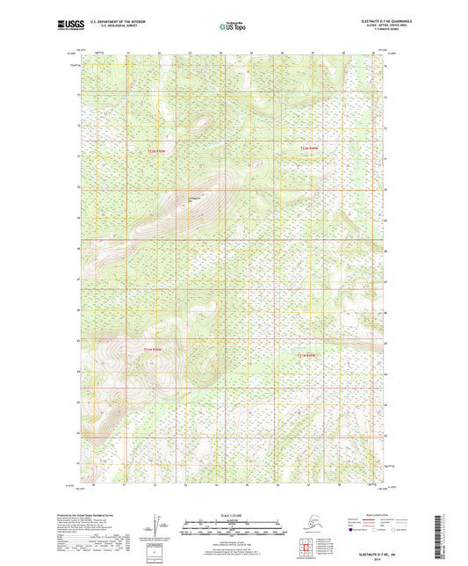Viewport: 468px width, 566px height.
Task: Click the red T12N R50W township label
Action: click(x=155, y=150)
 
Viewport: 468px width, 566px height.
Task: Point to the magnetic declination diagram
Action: click(x=160, y=526)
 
